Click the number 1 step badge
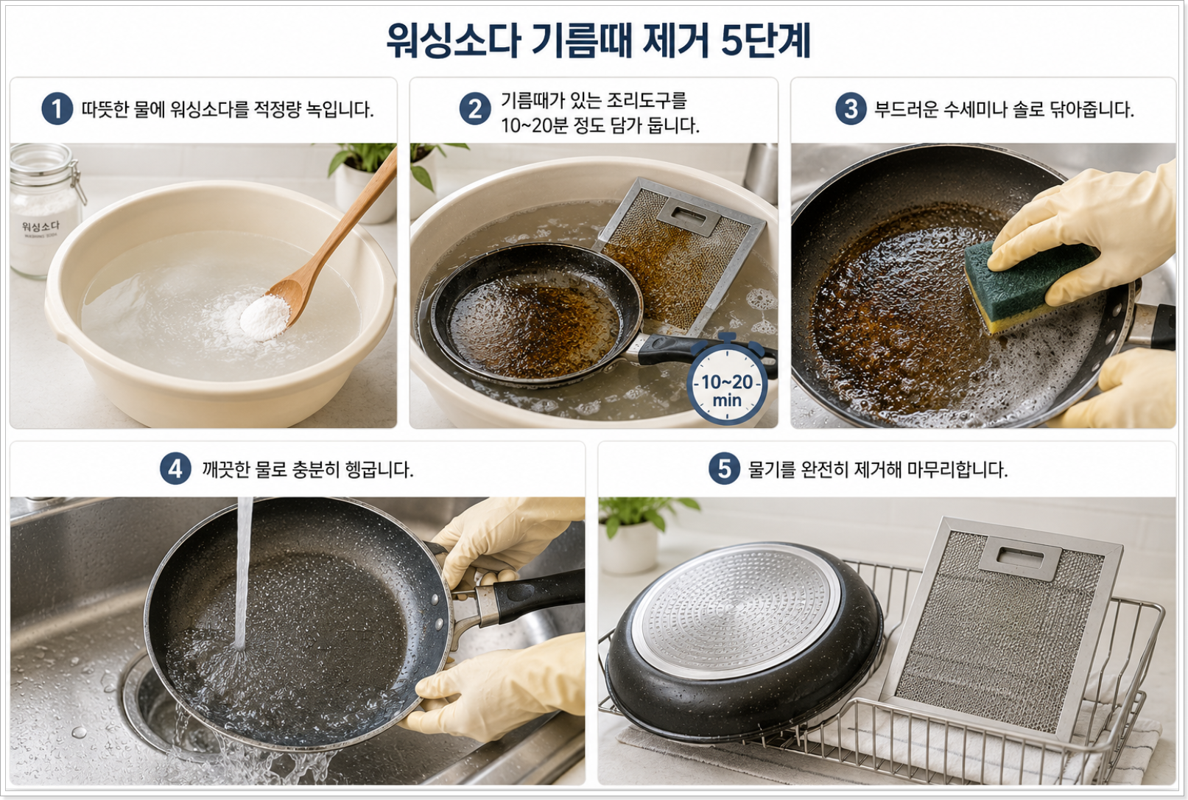click(x=57, y=109)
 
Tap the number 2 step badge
click(x=474, y=109)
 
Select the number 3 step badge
click(x=851, y=109)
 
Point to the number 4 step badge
click(x=175, y=469)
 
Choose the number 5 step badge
click(x=724, y=469)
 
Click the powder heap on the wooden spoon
click(x=264, y=317)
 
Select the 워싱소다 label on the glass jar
click(x=41, y=227)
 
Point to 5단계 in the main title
click(x=766, y=41)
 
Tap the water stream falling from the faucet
click(x=243, y=573)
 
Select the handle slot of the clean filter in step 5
click(x=1020, y=557)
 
